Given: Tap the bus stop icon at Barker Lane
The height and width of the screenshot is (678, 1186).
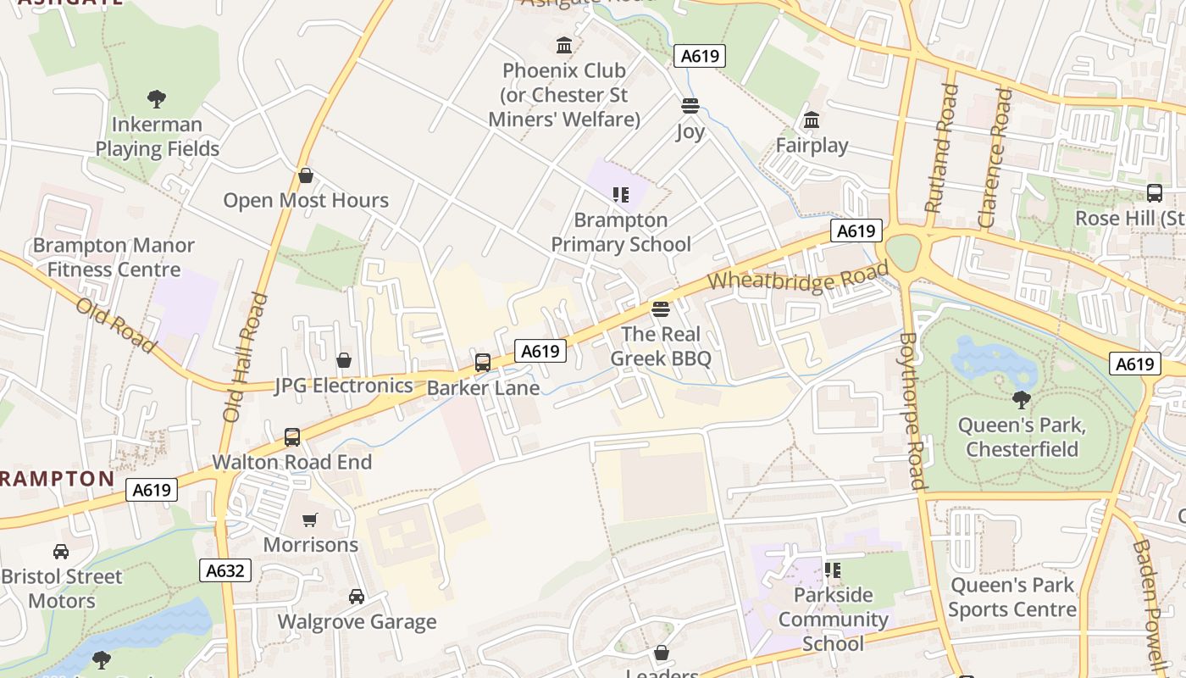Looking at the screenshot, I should click(483, 363).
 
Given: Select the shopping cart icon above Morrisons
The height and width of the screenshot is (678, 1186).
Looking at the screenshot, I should click(310, 520).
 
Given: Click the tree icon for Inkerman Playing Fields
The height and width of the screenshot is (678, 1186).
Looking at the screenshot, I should click(157, 99).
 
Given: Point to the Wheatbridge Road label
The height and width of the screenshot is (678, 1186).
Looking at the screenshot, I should click(798, 279).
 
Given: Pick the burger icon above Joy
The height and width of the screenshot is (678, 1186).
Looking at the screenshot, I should click(690, 106).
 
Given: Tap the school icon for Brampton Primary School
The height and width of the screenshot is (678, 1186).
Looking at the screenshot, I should click(621, 195).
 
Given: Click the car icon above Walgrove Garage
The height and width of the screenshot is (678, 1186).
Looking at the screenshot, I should click(357, 597).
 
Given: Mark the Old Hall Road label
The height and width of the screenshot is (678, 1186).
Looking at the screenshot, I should click(245, 358).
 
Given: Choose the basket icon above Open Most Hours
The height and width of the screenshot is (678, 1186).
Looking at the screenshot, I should click(306, 175).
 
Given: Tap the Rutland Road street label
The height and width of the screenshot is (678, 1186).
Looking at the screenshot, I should click(942, 147).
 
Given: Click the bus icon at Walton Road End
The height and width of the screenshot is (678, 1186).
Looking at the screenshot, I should click(292, 437).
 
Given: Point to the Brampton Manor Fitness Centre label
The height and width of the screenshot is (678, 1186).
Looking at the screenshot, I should click(114, 258).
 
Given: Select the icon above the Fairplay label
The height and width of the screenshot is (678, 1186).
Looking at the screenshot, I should click(812, 120).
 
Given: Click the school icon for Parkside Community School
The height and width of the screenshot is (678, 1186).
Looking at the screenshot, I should click(833, 570).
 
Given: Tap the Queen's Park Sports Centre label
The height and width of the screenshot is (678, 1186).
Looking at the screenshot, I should click(1012, 597).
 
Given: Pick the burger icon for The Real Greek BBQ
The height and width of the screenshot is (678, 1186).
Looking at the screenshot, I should click(661, 309).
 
